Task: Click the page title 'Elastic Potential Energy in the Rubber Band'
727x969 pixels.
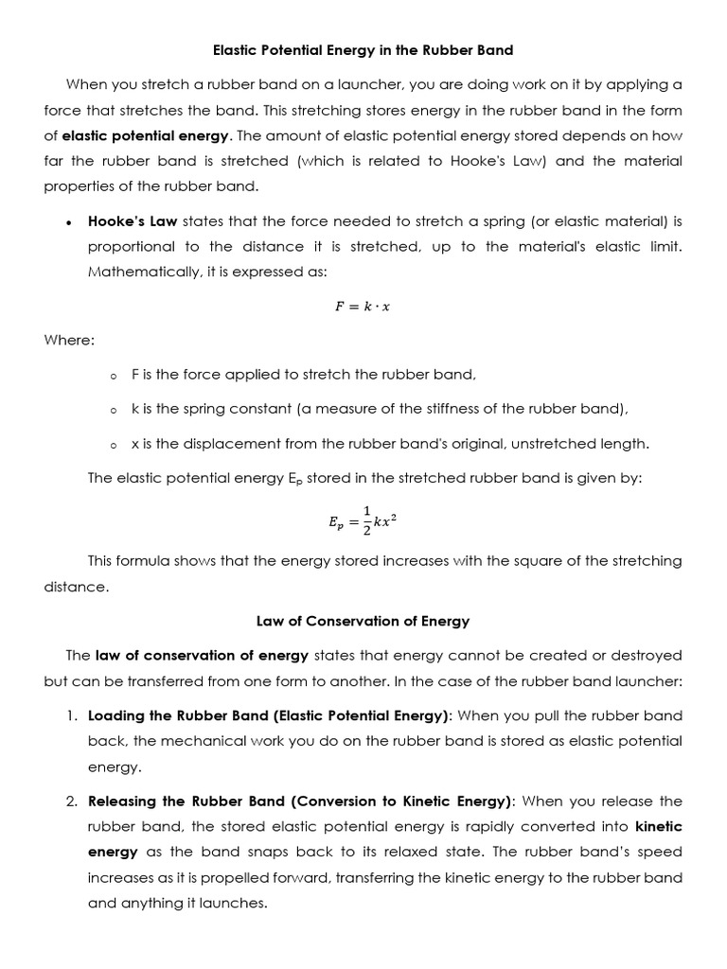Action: click(363, 49)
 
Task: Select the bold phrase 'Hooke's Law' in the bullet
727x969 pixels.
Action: click(132, 221)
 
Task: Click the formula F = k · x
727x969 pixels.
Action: click(363, 306)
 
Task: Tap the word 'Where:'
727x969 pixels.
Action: click(69, 340)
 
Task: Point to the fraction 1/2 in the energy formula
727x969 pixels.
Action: click(366, 519)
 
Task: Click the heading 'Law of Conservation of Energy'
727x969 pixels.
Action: click(363, 621)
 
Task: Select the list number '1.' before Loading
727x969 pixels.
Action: click(72, 715)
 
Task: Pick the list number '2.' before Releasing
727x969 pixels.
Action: click(72, 801)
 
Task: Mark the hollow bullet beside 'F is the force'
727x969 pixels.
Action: click(113, 376)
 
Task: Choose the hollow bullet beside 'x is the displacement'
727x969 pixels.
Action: click(113, 445)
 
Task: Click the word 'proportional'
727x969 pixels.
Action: click(131, 246)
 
